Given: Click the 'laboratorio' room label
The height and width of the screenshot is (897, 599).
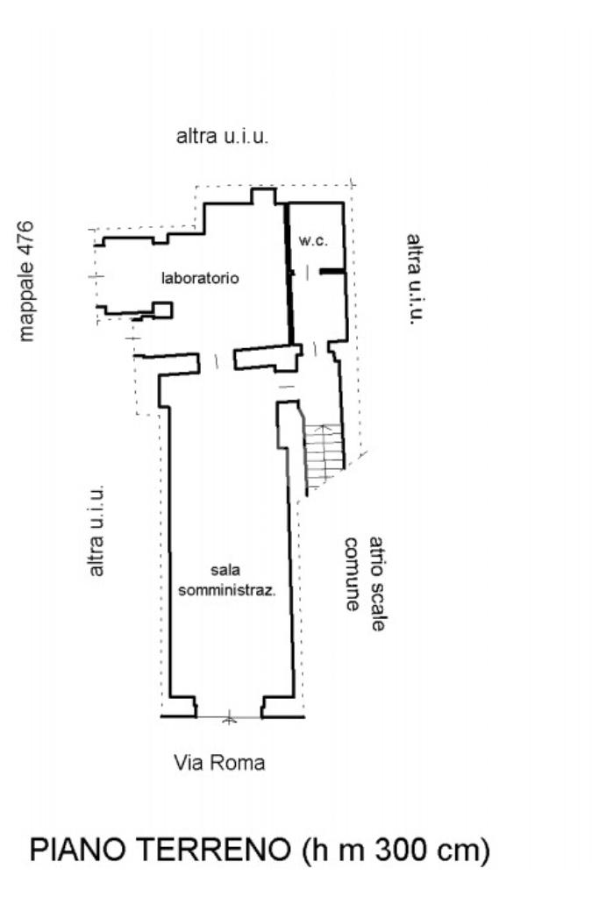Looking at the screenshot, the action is [200, 278].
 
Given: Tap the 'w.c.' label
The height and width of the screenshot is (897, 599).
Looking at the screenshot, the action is [313, 239].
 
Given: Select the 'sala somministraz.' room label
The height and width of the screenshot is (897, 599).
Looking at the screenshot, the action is [227, 580].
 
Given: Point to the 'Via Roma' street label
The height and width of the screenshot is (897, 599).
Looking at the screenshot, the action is [219, 763].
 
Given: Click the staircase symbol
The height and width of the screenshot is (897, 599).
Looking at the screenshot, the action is [322, 454].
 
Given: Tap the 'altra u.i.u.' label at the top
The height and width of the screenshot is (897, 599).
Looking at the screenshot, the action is [222, 137].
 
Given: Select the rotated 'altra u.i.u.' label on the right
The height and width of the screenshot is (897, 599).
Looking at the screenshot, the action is [415, 279].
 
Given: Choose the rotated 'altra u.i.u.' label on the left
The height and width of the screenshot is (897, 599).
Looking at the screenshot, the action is [97, 530].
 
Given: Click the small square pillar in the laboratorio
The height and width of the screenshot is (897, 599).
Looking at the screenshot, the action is [163, 310].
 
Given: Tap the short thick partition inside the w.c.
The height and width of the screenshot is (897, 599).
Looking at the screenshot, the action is [331, 272].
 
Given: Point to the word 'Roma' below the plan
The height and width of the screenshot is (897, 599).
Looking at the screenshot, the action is [244, 763].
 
